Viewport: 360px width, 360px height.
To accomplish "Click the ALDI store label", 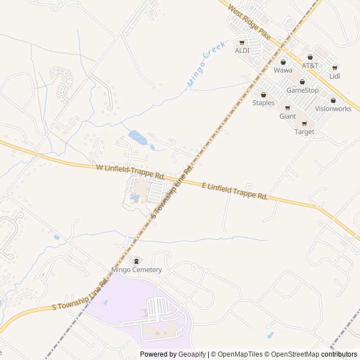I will point(242,51).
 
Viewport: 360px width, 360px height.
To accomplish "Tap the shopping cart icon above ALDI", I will point(242,43).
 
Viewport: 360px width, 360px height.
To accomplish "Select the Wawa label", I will point(283,70).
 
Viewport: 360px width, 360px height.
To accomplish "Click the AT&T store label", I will point(310,65).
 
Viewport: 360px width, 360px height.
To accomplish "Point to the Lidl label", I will point(335,76).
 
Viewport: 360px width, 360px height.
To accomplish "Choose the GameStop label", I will point(303,90).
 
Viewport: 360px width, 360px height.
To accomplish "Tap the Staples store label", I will point(263,102).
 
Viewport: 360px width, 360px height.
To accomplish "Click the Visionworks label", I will point(333,109).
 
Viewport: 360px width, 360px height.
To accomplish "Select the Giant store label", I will point(287,116).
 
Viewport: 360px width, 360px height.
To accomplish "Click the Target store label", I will point(304,132).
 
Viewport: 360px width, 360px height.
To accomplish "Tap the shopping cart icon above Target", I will point(304,124).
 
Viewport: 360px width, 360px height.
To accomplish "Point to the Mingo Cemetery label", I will point(137,269).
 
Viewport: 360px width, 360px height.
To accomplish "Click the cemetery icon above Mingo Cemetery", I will point(136,261).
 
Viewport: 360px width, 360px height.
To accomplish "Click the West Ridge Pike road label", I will point(250,22).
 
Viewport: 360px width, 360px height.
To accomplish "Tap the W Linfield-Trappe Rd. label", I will point(130,172).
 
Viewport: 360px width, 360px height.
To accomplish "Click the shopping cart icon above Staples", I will point(263,94).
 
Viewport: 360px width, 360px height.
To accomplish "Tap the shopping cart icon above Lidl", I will point(335,68).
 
